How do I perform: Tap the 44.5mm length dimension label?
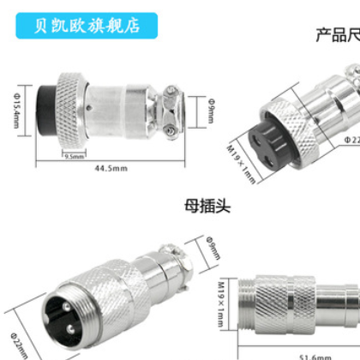tap(107, 169)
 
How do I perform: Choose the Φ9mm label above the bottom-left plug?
tap(214, 250)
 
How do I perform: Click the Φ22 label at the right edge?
tap(351, 137)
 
